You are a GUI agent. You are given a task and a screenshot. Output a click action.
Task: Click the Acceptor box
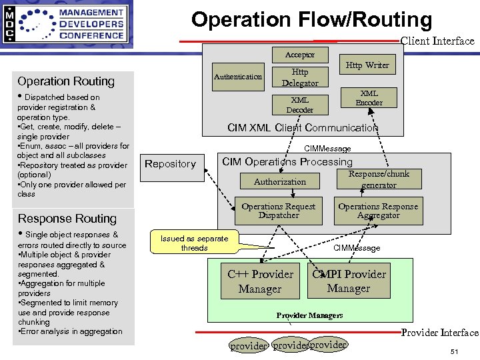299,55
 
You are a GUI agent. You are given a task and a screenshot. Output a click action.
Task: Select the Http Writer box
367,65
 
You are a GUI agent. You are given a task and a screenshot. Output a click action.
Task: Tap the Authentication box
238,77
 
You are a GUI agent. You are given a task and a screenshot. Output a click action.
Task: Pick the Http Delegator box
299,77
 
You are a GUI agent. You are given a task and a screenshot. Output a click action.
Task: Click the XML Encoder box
369,98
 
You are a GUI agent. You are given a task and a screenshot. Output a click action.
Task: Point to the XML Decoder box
299,105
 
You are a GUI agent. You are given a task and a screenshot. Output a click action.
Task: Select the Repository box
171,164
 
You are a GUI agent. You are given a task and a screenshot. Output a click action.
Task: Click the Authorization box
280,181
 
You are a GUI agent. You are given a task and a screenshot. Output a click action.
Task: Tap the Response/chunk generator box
379,179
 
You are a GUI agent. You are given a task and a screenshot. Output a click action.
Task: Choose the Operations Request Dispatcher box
279,211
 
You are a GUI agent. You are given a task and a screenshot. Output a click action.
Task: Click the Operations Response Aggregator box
378,211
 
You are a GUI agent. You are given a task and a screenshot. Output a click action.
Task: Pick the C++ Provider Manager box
260,281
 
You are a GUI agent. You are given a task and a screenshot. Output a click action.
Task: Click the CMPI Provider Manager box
349,281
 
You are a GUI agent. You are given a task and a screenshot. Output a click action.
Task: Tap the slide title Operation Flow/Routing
311,19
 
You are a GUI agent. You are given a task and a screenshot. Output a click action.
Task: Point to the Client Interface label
437,41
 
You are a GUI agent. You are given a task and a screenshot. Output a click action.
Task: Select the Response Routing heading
67,219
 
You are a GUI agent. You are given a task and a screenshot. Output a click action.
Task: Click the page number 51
454,352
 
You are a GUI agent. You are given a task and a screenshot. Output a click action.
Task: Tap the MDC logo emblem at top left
9,25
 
